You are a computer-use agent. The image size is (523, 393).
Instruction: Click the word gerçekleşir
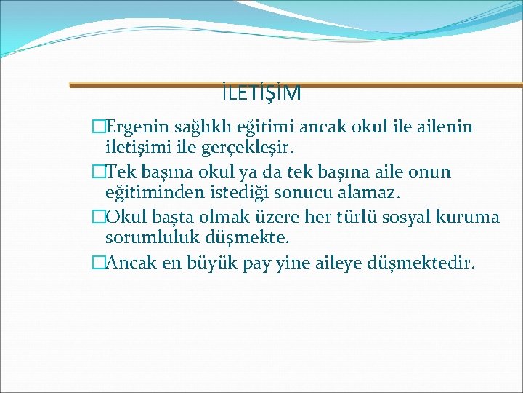[x=241, y=149]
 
